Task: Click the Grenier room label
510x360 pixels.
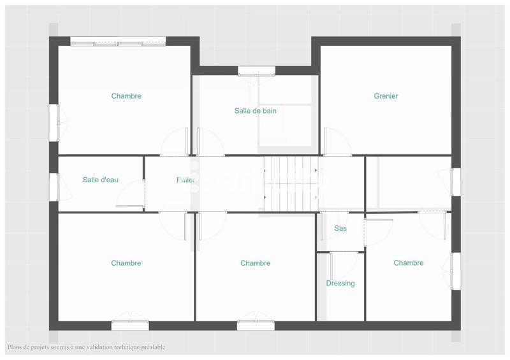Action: pyautogui.click(x=386, y=96)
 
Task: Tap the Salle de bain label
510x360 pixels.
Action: pyautogui.click(x=255, y=111)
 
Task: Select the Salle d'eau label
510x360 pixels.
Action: pyautogui.click(x=100, y=180)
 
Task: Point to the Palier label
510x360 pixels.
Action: pyautogui.click(x=186, y=180)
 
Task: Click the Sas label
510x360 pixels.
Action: pyautogui.click(x=340, y=228)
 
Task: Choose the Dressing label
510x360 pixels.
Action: pyautogui.click(x=340, y=284)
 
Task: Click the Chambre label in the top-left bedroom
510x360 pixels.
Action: pyautogui.click(x=126, y=96)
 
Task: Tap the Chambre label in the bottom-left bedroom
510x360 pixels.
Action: pyautogui.click(x=126, y=263)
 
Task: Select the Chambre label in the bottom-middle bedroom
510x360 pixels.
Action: pyautogui.click(x=255, y=263)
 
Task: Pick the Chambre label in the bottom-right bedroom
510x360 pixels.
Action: pyautogui.click(x=408, y=263)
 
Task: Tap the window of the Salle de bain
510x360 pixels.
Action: pyautogui.click(x=254, y=71)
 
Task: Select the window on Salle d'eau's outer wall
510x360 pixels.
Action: pyautogui.click(x=54, y=187)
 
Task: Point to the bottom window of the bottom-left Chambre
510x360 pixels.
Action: pyautogui.click(x=130, y=325)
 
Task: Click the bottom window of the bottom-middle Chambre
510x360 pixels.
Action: pyautogui.click(x=256, y=325)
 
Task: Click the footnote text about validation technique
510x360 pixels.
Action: pyautogui.click(x=86, y=347)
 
